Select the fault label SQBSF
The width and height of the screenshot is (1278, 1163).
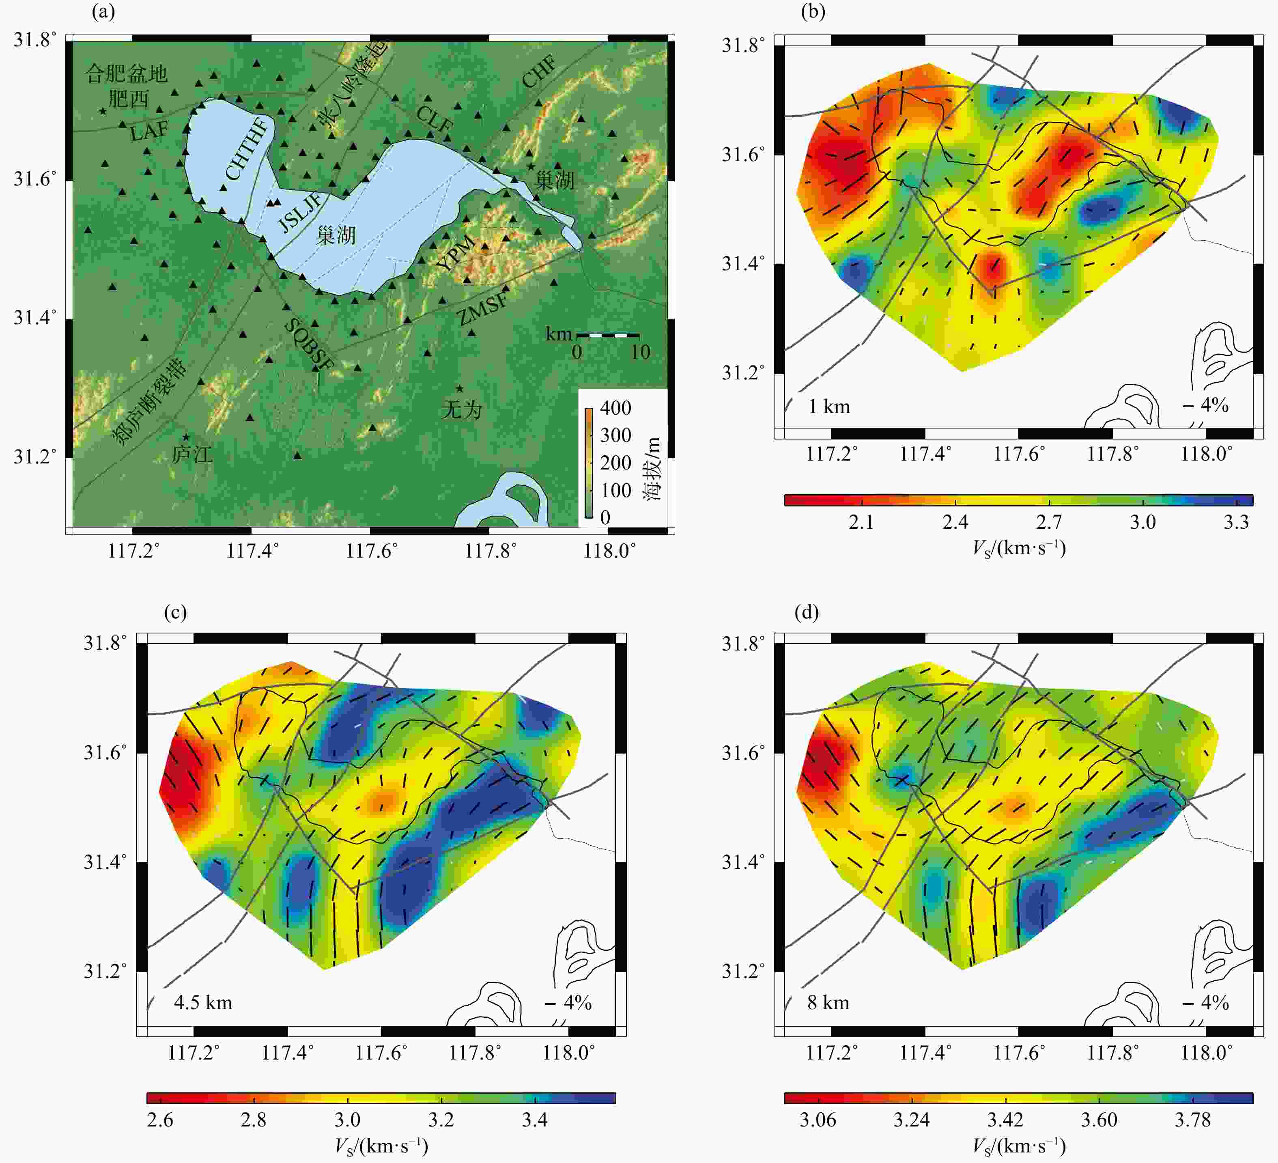tap(309, 345)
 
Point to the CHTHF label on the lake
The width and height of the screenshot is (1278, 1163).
tap(247, 149)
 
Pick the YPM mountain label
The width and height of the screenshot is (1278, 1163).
tap(456, 252)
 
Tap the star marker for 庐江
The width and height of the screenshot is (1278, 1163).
tap(186, 437)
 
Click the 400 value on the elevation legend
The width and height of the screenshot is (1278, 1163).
tap(615, 408)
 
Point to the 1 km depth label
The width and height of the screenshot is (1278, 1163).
tap(829, 407)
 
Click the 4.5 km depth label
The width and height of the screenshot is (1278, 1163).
tap(203, 1003)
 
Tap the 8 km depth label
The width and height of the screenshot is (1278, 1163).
tap(828, 1003)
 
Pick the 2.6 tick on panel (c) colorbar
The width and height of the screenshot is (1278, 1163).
tap(160, 1120)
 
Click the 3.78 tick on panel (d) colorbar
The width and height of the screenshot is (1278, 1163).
tap(1192, 1120)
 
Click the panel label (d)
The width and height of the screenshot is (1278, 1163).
tap(807, 612)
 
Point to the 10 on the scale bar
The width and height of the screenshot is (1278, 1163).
tap(640, 352)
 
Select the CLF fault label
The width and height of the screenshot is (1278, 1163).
tap(435, 120)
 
